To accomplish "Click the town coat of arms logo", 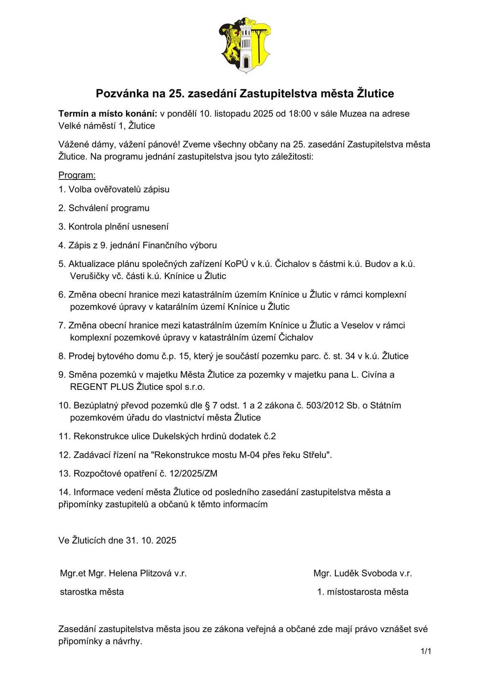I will [x=245, y=45].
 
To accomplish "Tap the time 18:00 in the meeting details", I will [x=300, y=114].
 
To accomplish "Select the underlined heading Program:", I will [x=77, y=175].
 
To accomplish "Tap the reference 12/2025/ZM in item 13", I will [x=194, y=474].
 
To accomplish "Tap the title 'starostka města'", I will [x=92, y=592].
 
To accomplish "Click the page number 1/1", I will [x=426, y=651].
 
